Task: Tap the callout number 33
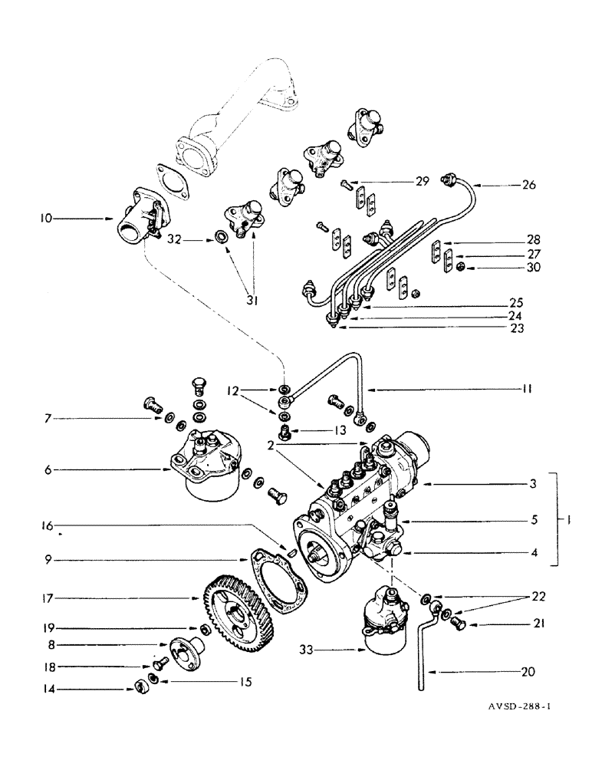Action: pyautogui.click(x=308, y=650)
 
